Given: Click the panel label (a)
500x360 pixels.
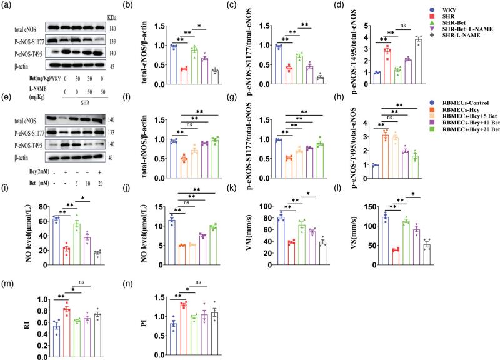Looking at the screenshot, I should tap(9, 6).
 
